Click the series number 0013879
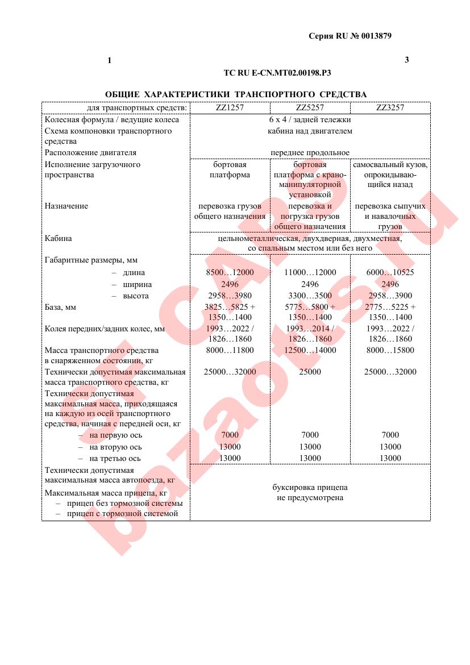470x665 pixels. click(371, 36)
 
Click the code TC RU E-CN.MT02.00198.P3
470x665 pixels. click(277, 73)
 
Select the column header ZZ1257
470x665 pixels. click(230, 107)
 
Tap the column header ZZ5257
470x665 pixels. click(310, 107)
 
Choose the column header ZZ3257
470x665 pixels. click(390, 107)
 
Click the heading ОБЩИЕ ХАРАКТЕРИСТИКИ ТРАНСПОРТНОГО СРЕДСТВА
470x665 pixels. click(236, 94)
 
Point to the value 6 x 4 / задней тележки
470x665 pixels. click(310, 120)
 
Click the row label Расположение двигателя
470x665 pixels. click(91, 153)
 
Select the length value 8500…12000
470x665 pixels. click(230, 273)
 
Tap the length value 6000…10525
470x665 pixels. click(390, 273)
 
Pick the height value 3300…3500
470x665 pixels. click(310, 296)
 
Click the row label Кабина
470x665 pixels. click(59, 239)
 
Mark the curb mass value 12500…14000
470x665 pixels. click(310, 350)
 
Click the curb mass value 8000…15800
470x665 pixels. click(390, 350)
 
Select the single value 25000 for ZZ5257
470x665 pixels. click(310, 372)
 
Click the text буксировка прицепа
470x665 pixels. click(310, 488)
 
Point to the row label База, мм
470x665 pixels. click(61, 307)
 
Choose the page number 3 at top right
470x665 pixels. click(406, 60)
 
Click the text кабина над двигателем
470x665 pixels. click(310, 131)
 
